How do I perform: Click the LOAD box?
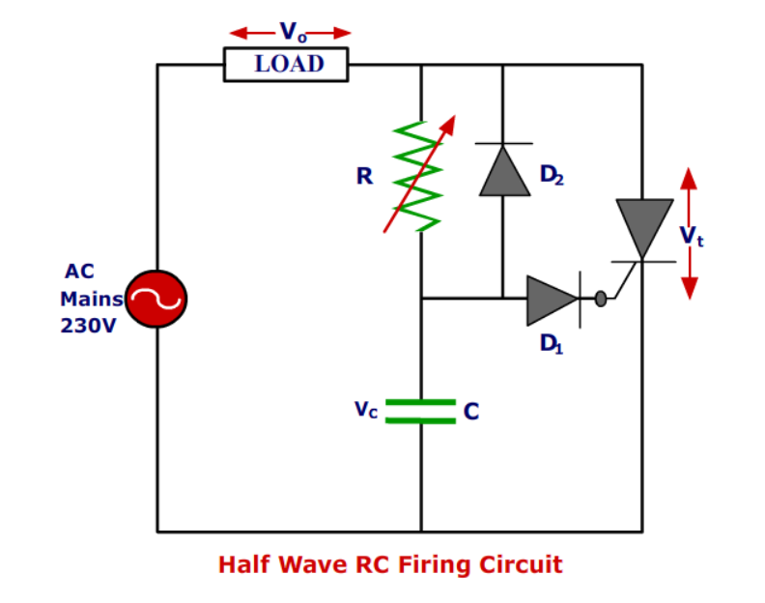point(286,65)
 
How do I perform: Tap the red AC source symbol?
point(156,300)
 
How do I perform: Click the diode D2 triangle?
point(503,171)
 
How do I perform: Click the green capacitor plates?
point(420,412)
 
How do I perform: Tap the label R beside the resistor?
point(364,177)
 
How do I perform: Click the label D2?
point(552,175)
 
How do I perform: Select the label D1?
point(552,343)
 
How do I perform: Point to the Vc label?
point(366,410)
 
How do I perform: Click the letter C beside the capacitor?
point(471,412)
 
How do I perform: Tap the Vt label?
point(691,236)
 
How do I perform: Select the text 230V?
point(88,327)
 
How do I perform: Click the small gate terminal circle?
point(601,300)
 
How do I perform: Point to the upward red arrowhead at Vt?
point(689,179)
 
